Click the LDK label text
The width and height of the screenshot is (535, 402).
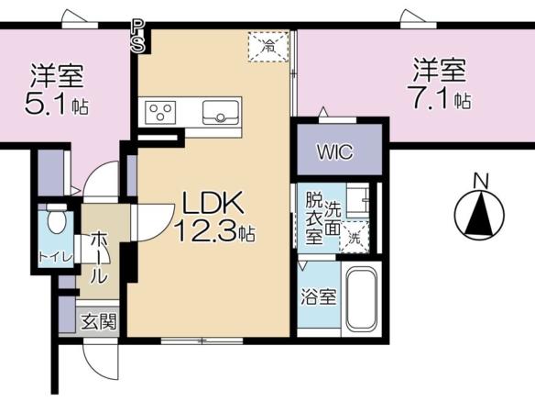coord(213,202)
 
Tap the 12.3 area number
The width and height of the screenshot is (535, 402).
coord(205,229)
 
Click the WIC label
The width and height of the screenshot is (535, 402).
coord(335,151)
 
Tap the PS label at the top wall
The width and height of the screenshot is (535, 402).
coord(137,36)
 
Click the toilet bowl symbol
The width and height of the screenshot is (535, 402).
coord(57,218)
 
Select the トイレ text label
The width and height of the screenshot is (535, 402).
coord(56,257)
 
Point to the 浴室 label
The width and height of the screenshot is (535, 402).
coord(319,296)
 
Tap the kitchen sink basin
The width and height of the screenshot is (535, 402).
coord(221,113)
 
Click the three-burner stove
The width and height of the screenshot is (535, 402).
coord(160,113)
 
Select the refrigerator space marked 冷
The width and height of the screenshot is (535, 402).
coord(268,47)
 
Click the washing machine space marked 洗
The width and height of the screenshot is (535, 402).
coord(355,237)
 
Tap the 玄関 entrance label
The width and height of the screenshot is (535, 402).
coord(99,321)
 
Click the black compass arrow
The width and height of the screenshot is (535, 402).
coord(480,215)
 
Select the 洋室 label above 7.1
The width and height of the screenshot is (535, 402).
coord(440,71)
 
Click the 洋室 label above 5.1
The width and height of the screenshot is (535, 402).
coord(57,76)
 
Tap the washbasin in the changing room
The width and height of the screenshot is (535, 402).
coord(357,201)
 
